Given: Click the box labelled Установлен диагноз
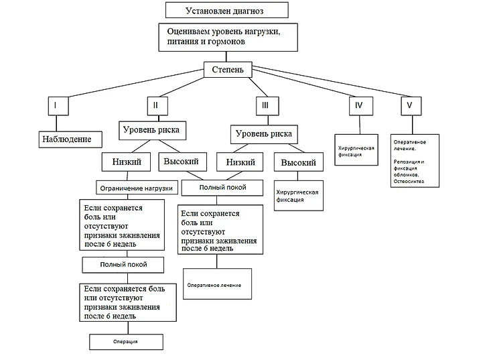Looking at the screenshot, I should (x=226, y=10).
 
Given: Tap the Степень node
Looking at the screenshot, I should (x=228, y=69).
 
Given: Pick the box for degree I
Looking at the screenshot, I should (x=56, y=105).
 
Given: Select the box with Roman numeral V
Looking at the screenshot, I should (x=411, y=105).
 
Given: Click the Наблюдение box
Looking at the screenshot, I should (x=69, y=139).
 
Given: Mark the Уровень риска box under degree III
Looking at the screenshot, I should (x=264, y=133).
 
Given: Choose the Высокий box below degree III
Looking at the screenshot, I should (x=298, y=162).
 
